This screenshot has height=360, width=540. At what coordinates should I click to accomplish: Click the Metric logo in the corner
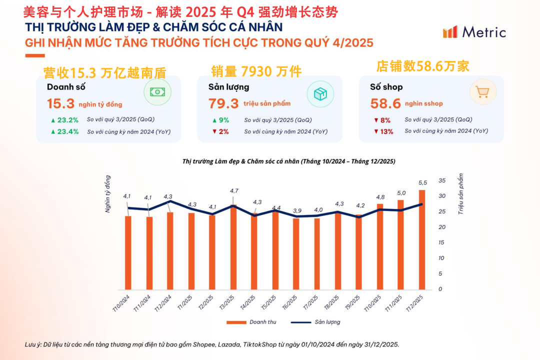474,32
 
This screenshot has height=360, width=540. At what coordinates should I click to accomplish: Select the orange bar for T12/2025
422,240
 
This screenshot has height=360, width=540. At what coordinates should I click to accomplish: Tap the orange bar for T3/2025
233,247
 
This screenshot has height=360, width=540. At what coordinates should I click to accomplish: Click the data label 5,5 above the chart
422,183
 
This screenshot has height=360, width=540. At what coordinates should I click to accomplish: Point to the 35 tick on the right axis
441,180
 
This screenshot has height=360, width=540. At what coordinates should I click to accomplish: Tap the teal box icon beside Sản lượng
320,93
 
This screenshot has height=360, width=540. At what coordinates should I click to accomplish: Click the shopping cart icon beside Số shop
482,92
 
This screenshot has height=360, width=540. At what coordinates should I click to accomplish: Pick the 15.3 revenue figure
60,104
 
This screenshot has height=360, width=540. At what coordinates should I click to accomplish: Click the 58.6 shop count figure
385,104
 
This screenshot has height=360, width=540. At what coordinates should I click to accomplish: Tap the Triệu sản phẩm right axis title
461,194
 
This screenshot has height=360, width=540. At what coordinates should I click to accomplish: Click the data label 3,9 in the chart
296,211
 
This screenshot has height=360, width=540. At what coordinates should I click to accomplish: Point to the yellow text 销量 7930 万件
256,72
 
